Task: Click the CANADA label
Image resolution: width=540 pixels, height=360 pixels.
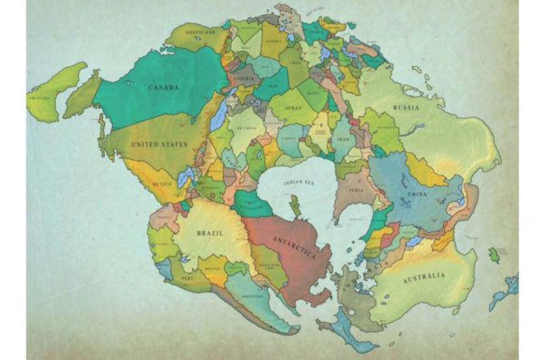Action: point(164,87)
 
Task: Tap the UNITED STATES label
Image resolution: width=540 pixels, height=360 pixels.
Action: point(153,144)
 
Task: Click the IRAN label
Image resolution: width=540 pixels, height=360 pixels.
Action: point(343,139)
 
